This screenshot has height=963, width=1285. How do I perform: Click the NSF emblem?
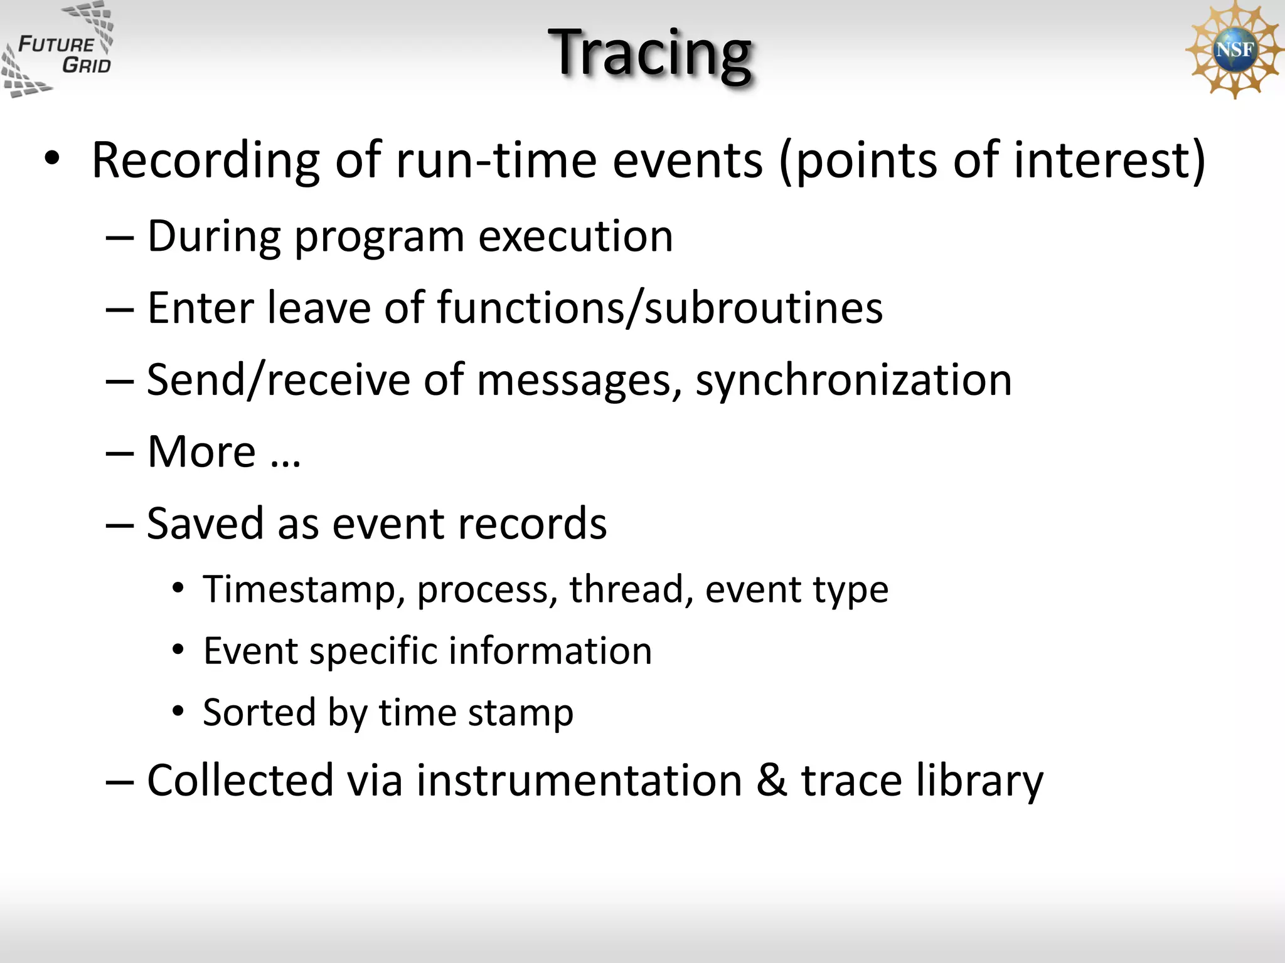(1234, 50)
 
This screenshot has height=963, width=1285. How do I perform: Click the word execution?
(575, 236)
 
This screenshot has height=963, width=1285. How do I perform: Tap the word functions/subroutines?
(659, 308)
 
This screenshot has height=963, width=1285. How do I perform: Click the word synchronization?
(853, 380)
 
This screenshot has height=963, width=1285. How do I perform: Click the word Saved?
(205, 524)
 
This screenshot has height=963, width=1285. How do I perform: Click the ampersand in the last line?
(772, 781)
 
